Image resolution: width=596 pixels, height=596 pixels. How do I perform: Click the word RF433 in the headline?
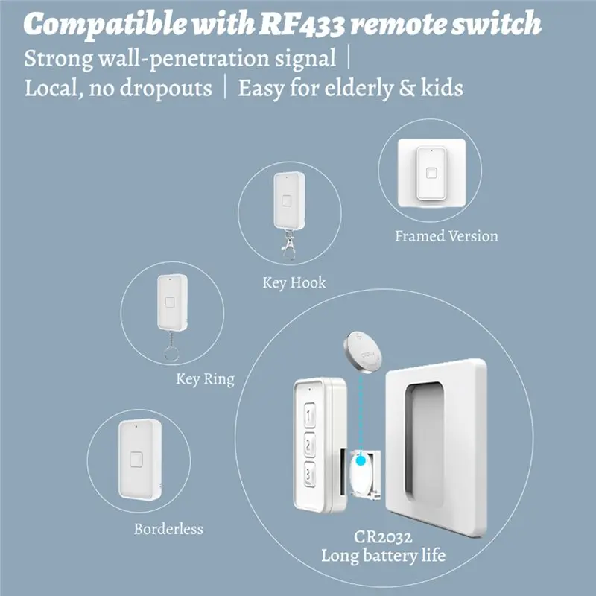(302, 24)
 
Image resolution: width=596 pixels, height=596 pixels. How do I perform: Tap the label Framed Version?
(446, 236)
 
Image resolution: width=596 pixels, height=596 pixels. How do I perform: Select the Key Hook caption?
(294, 283)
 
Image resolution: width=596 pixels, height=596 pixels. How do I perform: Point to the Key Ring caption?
(206, 379)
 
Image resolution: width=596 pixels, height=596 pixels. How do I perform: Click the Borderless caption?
(168, 529)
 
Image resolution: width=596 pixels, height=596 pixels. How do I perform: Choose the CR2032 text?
(383, 537)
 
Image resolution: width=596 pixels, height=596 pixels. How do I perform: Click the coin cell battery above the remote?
(363, 352)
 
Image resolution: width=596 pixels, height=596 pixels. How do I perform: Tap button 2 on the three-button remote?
(310, 444)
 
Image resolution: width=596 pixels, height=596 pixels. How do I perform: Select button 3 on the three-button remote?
(310, 474)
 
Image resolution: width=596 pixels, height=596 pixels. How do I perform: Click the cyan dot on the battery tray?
(361, 461)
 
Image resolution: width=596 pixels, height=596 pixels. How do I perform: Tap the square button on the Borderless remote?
(136, 460)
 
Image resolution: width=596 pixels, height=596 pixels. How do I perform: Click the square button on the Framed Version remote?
(431, 173)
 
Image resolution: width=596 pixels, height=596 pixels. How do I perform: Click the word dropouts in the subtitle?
(165, 89)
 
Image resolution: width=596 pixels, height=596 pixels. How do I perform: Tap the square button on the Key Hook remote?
(287, 200)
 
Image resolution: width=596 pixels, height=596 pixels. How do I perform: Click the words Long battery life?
(383, 556)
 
